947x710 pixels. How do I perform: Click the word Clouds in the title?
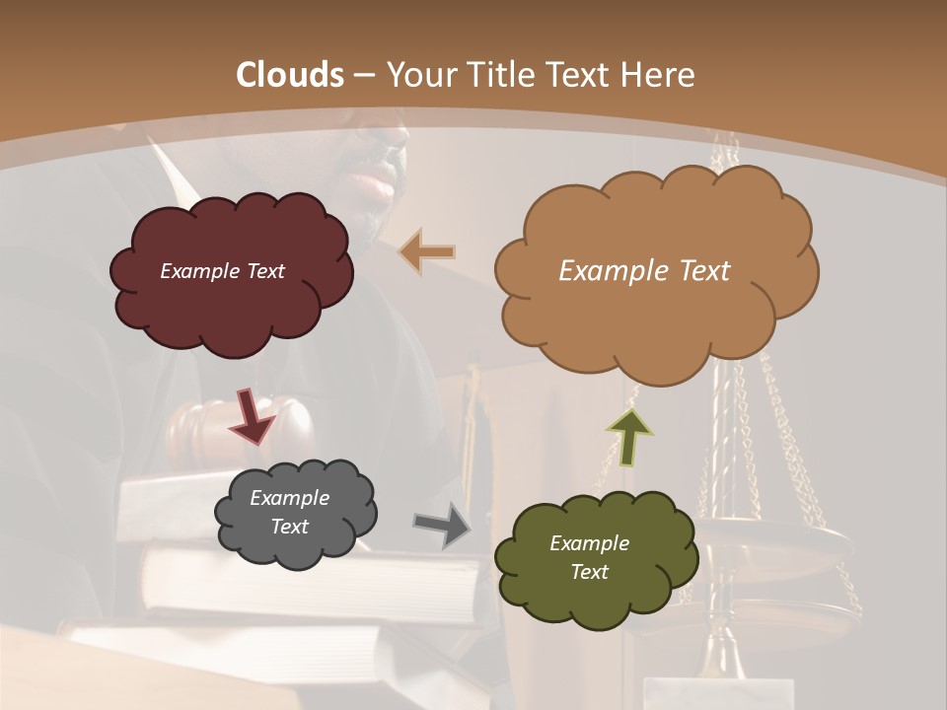coord(290,75)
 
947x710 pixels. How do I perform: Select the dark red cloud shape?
coord(233,306)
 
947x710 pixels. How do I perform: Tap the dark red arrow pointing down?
coord(252,415)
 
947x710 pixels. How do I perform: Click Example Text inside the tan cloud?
coord(644,270)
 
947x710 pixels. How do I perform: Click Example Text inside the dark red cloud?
coord(222,271)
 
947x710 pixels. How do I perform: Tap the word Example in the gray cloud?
coord(289,498)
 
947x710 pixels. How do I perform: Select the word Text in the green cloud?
coord(589,572)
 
